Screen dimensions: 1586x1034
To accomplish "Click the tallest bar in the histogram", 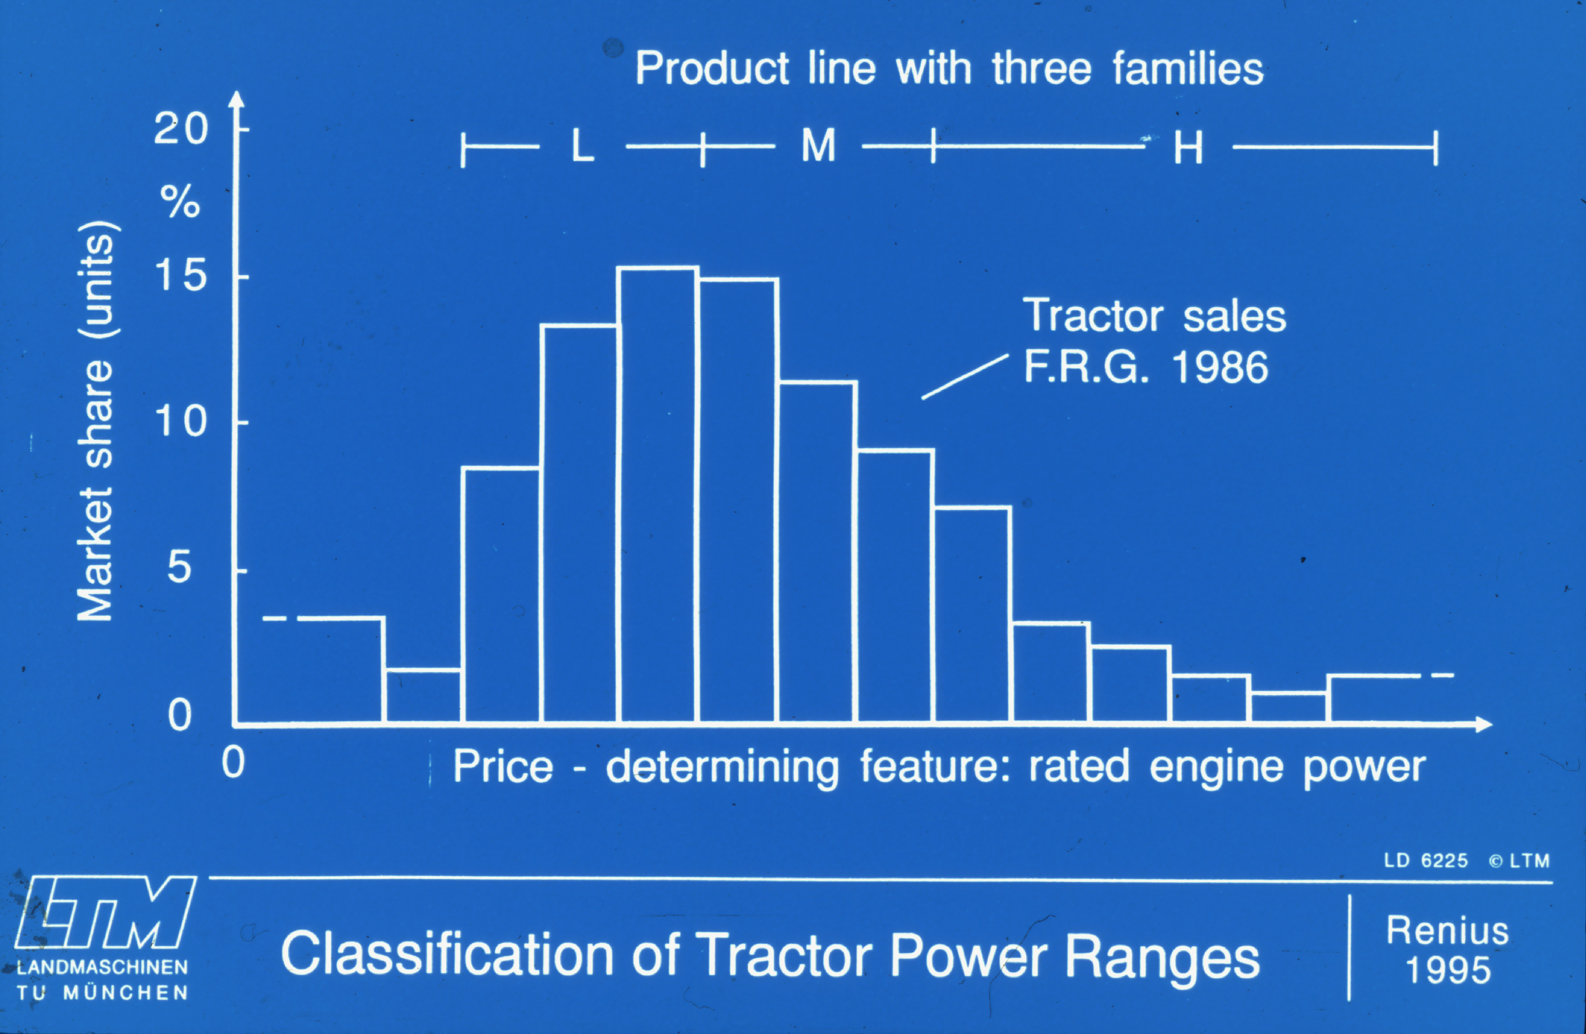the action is (x=658, y=494).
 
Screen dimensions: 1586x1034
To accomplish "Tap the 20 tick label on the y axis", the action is (x=181, y=128).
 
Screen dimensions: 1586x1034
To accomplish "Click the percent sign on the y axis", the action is (x=180, y=201).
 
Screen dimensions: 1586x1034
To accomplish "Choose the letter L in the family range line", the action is (x=583, y=145).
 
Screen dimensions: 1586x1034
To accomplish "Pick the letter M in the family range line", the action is (x=819, y=145).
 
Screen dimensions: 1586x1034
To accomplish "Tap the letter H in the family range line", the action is (x=1188, y=147).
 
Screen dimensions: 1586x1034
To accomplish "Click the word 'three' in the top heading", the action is (x=1042, y=69).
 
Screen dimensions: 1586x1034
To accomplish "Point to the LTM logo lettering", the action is (x=105, y=912).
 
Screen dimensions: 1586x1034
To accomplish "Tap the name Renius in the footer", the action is (x=1447, y=931).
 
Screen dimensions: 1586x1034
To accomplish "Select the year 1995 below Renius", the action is (x=1447, y=970).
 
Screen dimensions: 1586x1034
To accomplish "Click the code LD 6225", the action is (x=1426, y=861).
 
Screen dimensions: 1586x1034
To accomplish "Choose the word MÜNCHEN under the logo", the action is (x=125, y=993).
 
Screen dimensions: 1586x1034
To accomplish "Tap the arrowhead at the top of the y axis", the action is (x=236, y=100).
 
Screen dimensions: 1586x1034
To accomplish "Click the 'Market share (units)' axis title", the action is (x=95, y=422).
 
